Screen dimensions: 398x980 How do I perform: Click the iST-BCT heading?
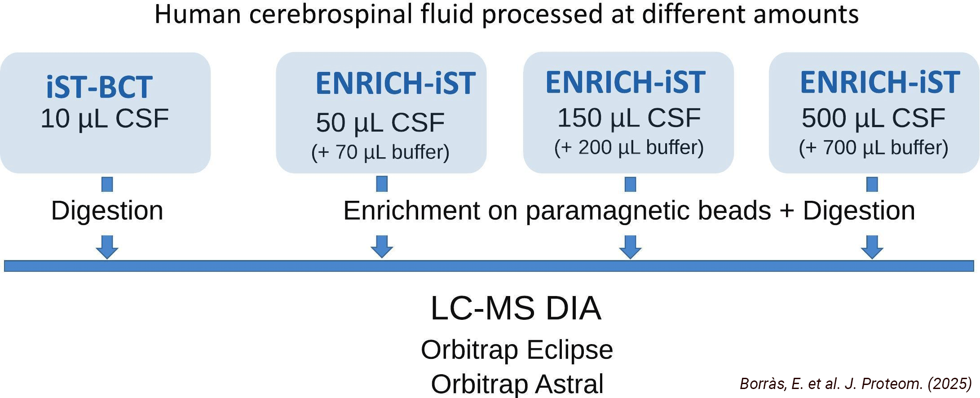[99, 87]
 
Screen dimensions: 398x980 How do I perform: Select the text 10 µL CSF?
[105, 119]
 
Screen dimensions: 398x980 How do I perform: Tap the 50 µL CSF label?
[380, 122]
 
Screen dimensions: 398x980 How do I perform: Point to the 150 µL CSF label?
[629, 118]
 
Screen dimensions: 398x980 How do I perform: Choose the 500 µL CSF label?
[874, 118]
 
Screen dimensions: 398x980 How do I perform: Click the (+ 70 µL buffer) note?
[380, 152]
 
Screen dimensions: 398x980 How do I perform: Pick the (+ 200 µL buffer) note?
[629, 147]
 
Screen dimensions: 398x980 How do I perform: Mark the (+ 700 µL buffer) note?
[874, 148]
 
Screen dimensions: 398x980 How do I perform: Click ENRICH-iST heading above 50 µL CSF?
[395, 83]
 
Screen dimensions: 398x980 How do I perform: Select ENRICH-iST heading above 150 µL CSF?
[625, 82]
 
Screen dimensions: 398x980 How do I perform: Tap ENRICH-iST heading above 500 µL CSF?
[880, 82]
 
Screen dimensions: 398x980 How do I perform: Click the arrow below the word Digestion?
[107, 247]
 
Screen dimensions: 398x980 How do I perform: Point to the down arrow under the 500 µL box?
[872, 247]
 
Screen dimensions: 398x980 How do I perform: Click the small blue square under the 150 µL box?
[631, 184]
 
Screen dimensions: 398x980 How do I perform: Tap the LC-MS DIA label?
[516, 308]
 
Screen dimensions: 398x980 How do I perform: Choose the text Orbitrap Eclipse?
[517, 349]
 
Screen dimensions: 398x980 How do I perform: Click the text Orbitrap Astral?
[517, 384]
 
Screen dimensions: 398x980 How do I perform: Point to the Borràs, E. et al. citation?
[856, 383]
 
